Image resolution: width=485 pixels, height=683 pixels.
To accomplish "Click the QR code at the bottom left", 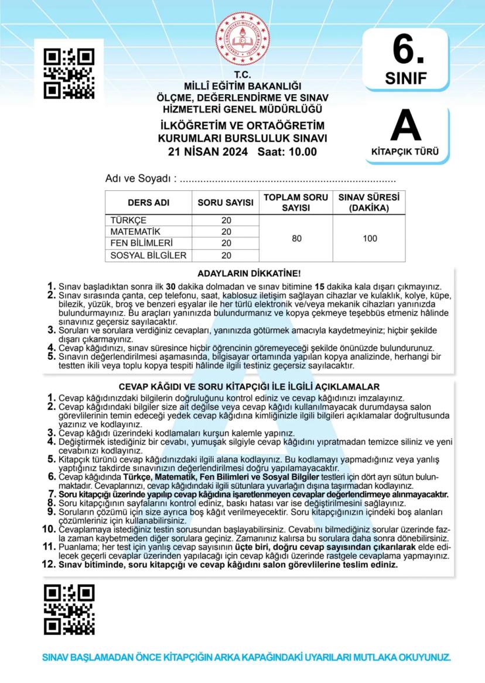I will pyautogui.click(x=69, y=609).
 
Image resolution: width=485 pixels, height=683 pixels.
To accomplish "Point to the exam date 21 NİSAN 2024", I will pyautogui.click(x=207, y=152).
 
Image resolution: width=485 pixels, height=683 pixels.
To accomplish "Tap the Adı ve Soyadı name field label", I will pyautogui.click(x=139, y=178).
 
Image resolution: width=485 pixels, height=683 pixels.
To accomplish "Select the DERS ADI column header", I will pyautogui.click(x=148, y=203).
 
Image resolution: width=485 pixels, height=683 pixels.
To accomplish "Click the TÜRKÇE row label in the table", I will pyautogui.click(x=128, y=221).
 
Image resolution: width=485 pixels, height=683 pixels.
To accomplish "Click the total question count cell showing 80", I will pyautogui.click(x=296, y=238).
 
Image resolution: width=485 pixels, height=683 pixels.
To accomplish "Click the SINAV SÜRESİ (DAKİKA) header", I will pyautogui.click(x=369, y=203).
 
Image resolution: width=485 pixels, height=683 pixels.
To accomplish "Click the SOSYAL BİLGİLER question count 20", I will pyautogui.click(x=227, y=255).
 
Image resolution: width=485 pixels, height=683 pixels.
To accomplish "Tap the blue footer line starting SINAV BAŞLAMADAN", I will pyautogui.click(x=247, y=657).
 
